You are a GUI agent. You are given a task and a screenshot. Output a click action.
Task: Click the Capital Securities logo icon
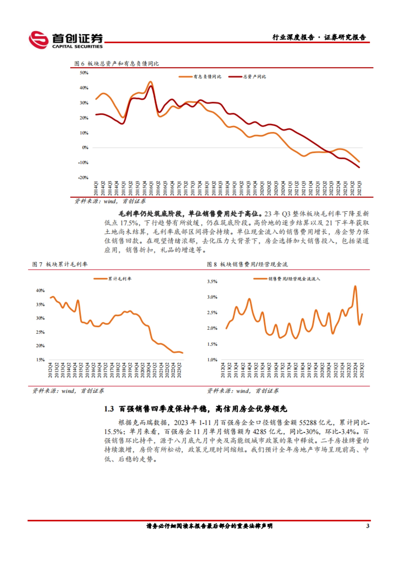(38, 40)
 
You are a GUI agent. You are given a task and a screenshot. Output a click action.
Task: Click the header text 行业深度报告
(293, 37)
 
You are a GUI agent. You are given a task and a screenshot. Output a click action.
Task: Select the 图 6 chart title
(116, 63)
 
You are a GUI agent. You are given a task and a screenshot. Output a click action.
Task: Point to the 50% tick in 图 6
(84, 73)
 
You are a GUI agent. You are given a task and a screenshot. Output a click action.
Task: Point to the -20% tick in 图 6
(83, 178)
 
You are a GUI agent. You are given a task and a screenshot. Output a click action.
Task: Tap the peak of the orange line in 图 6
(150, 82)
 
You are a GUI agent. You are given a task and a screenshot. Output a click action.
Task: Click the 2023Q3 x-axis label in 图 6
(360, 188)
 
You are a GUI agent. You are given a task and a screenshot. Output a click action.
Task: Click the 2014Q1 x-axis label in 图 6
(96, 188)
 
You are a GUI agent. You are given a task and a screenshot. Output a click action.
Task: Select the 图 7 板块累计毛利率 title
(60, 264)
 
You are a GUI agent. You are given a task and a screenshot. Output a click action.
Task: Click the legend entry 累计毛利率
(120, 279)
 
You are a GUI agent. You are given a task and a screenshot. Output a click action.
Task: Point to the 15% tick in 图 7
(40, 359)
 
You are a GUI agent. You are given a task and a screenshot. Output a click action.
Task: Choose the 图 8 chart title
(247, 264)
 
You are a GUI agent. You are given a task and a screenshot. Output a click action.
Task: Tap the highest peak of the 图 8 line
(355, 286)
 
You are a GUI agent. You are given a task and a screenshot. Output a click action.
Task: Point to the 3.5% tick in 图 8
(212, 281)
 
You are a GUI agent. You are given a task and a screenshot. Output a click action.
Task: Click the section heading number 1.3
(109, 409)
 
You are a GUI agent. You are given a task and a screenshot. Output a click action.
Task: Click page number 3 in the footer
(367, 526)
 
